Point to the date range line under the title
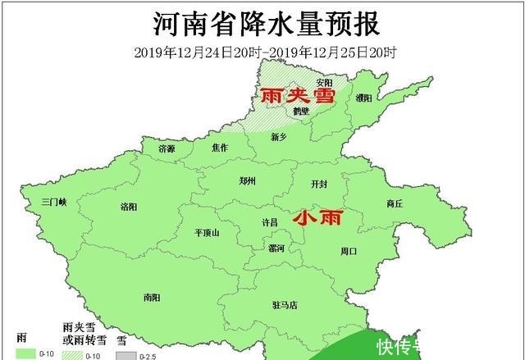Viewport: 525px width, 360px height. (265, 52)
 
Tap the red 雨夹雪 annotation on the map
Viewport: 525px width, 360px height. (298, 95)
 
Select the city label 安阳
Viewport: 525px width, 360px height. (325, 82)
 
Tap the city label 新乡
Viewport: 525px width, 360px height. (281, 137)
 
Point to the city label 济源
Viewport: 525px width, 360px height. (167, 148)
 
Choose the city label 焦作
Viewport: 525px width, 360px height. (219, 148)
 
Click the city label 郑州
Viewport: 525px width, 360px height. (247, 180)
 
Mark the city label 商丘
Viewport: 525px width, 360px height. (394, 204)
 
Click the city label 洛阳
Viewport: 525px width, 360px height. (129, 206)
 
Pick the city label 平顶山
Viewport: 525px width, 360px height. (207, 233)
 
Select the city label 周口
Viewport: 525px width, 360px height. (349, 251)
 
